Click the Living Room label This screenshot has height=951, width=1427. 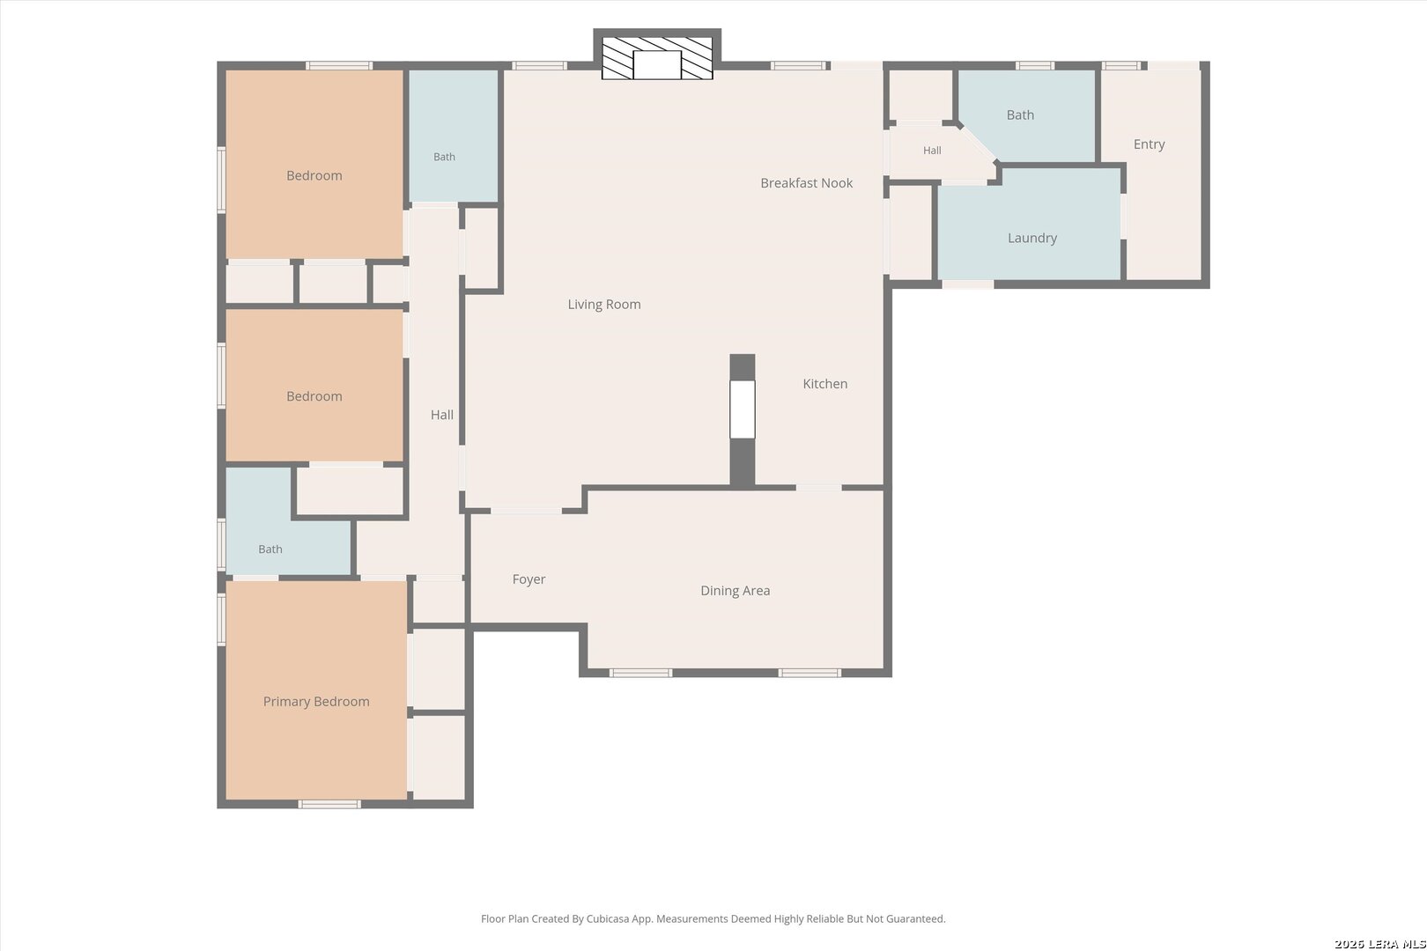(x=604, y=305)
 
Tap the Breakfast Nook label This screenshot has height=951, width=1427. (x=807, y=183)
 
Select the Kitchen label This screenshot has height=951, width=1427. (x=825, y=383)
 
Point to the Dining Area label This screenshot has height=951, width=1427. (x=736, y=591)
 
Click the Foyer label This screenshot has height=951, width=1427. (x=529, y=579)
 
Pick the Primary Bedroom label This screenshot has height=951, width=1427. (x=316, y=701)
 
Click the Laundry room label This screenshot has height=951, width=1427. (x=1032, y=239)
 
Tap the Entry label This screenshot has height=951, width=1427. (x=1150, y=144)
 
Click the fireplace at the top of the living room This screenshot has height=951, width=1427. (x=657, y=58)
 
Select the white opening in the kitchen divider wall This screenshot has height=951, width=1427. (x=743, y=409)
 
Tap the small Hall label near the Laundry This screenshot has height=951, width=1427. (x=932, y=151)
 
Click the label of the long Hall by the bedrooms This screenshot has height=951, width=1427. (x=442, y=415)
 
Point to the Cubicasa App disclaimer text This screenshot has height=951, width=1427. (x=713, y=918)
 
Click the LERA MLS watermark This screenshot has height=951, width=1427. (x=1379, y=944)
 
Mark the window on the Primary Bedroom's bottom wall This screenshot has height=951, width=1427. (x=329, y=804)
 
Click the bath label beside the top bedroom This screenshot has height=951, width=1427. (x=444, y=157)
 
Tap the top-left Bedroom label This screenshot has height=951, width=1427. (x=314, y=176)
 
